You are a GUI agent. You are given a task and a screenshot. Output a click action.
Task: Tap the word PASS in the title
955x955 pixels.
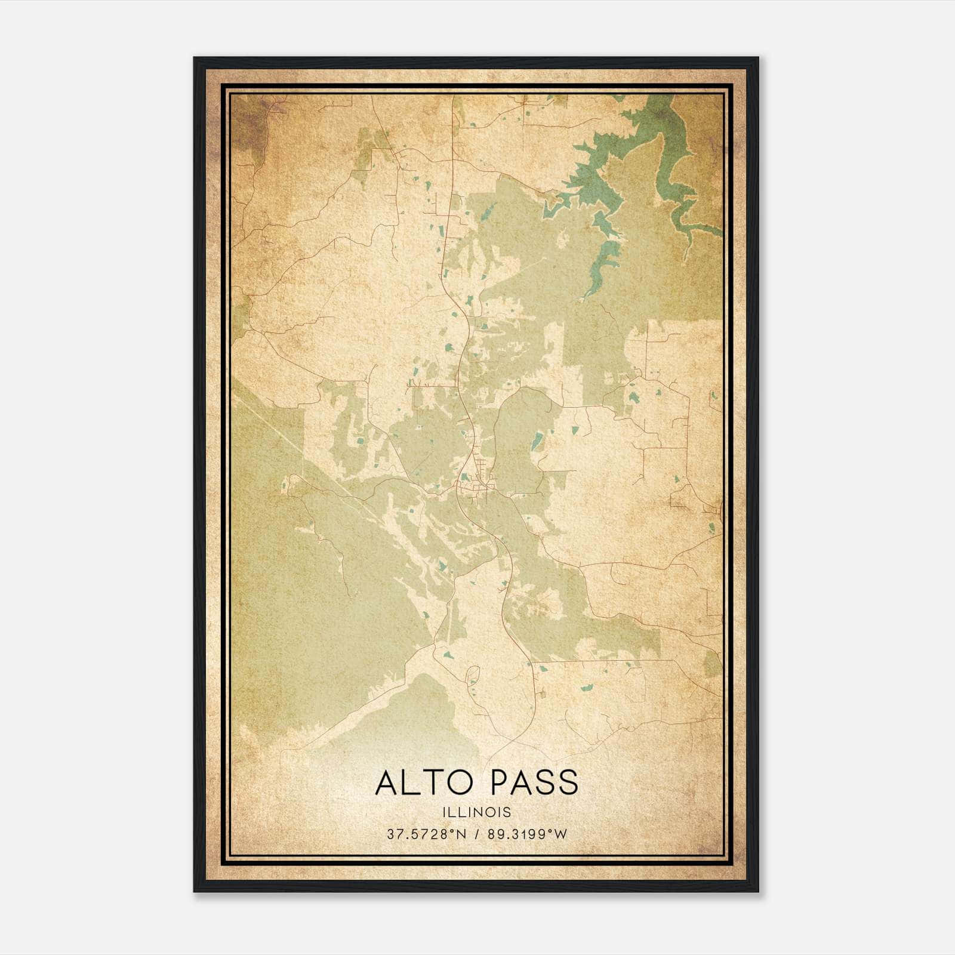pyautogui.click(x=533, y=783)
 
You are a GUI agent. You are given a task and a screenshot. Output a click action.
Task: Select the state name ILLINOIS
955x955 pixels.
pyautogui.click(x=477, y=812)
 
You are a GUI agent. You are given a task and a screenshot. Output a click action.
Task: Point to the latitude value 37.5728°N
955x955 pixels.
pyautogui.click(x=424, y=834)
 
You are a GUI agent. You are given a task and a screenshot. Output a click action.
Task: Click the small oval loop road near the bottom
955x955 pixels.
pyautogui.click(x=473, y=674)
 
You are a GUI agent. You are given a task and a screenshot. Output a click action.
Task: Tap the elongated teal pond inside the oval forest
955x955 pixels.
pyautogui.click(x=537, y=442)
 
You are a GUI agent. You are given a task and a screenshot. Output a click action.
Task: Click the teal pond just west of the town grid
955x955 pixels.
pyautogui.click(x=463, y=476)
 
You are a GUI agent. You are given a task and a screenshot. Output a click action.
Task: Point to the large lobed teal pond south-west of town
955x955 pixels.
pyautogui.click(x=442, y=564)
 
